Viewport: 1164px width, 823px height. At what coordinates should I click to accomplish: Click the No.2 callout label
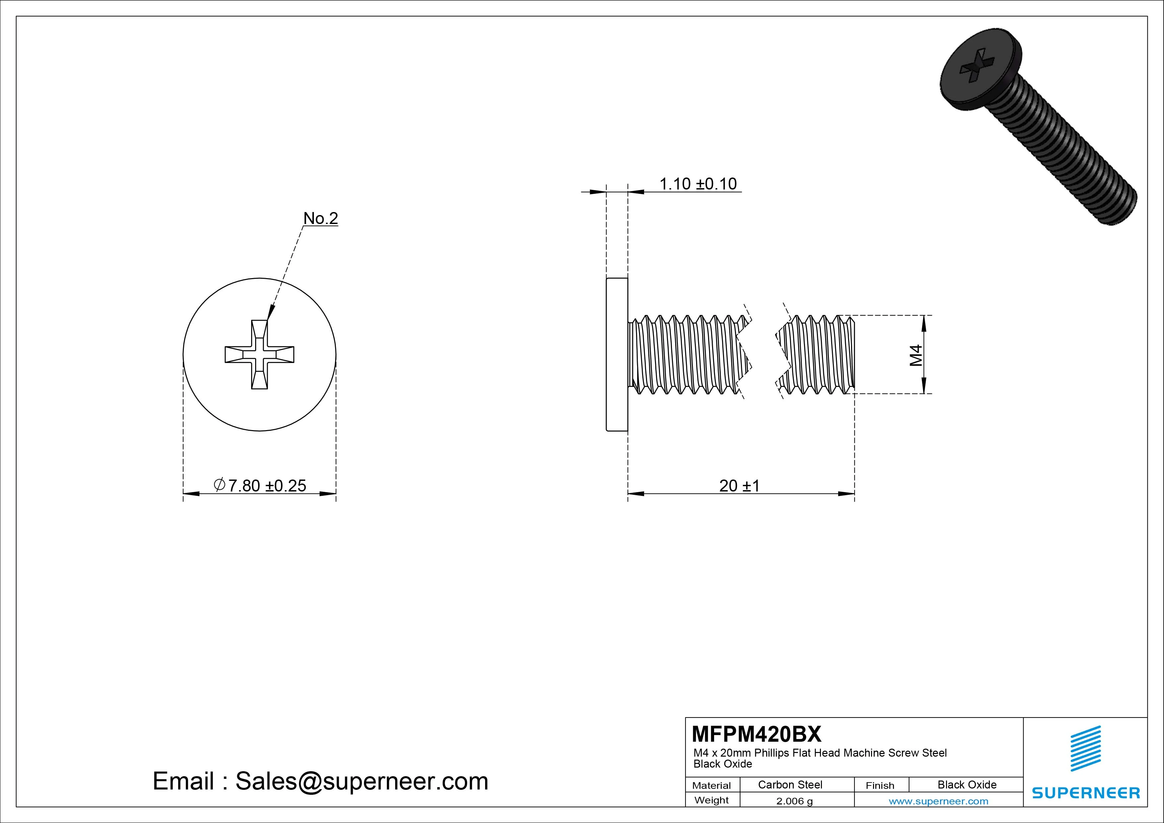pos(321,219)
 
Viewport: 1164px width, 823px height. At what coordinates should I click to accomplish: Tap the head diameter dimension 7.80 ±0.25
pos(267,486)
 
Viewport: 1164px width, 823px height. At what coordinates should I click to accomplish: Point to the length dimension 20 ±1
pos(739,486)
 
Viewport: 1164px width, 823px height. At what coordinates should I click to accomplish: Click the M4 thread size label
pos(915,355)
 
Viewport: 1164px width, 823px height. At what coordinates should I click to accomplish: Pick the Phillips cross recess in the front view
pos(259,354)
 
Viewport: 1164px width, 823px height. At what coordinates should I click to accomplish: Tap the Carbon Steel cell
pos(790,785)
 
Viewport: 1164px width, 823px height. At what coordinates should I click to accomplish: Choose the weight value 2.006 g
pos(794,801)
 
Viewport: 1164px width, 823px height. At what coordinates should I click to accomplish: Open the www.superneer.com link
pos(938,801)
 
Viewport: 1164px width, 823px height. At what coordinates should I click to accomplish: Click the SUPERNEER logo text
pos(1085,792)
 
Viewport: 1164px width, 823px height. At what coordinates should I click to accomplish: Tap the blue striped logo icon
pos(1085,748)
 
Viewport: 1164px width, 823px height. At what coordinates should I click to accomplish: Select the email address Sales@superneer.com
pos(361,781)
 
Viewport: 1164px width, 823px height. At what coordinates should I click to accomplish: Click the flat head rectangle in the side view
pos(617,354)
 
